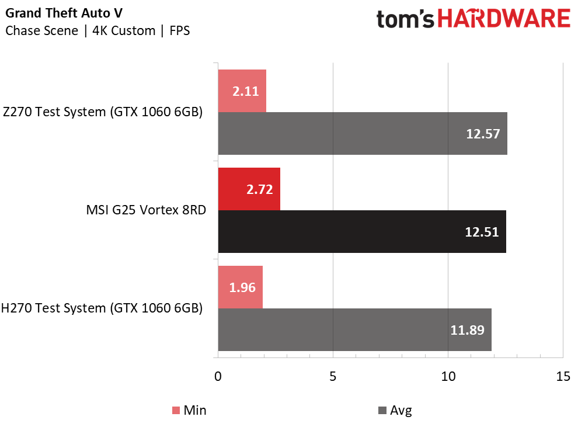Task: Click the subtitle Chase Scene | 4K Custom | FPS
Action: [98, 31]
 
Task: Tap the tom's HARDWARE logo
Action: [473, 19]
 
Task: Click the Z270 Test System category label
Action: [103, 112]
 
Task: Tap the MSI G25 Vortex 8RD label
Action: [146, 210]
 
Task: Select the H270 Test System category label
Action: [103, 308]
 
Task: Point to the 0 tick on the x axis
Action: [218, 377]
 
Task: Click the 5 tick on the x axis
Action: [333, 377]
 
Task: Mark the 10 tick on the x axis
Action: [448, 377]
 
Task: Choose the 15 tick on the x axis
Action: [563, 377]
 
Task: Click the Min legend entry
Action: [189, 411]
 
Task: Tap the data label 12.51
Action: [482, 232]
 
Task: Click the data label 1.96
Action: [241, 287]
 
